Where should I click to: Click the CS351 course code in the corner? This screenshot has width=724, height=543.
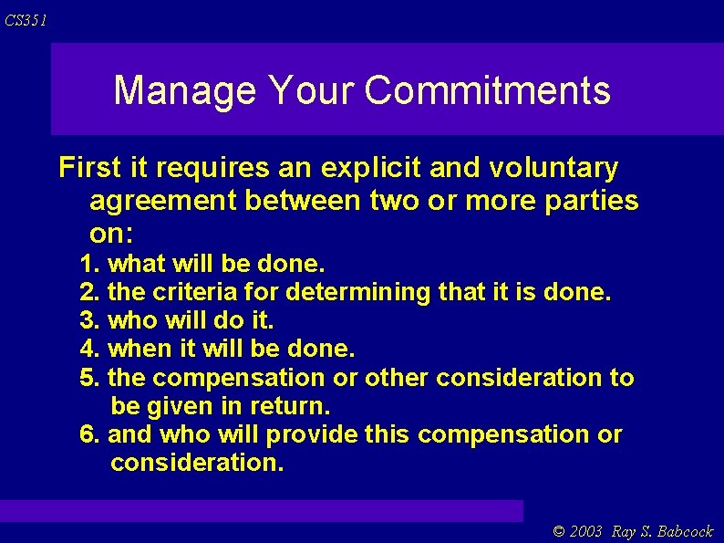click(x=26, y=20)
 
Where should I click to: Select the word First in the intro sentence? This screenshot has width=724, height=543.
click(x=89, y=168)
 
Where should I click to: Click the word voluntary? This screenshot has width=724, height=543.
click(x=553, y=168)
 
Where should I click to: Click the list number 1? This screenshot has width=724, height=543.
click(x=89, y=265)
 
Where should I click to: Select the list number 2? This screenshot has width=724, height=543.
click(x=89, y=293)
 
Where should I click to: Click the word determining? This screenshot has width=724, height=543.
click(x=358, y=293)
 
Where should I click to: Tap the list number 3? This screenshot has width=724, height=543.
click(x=89, y=321)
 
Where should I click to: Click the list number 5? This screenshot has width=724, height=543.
click(x=89, y=378)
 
